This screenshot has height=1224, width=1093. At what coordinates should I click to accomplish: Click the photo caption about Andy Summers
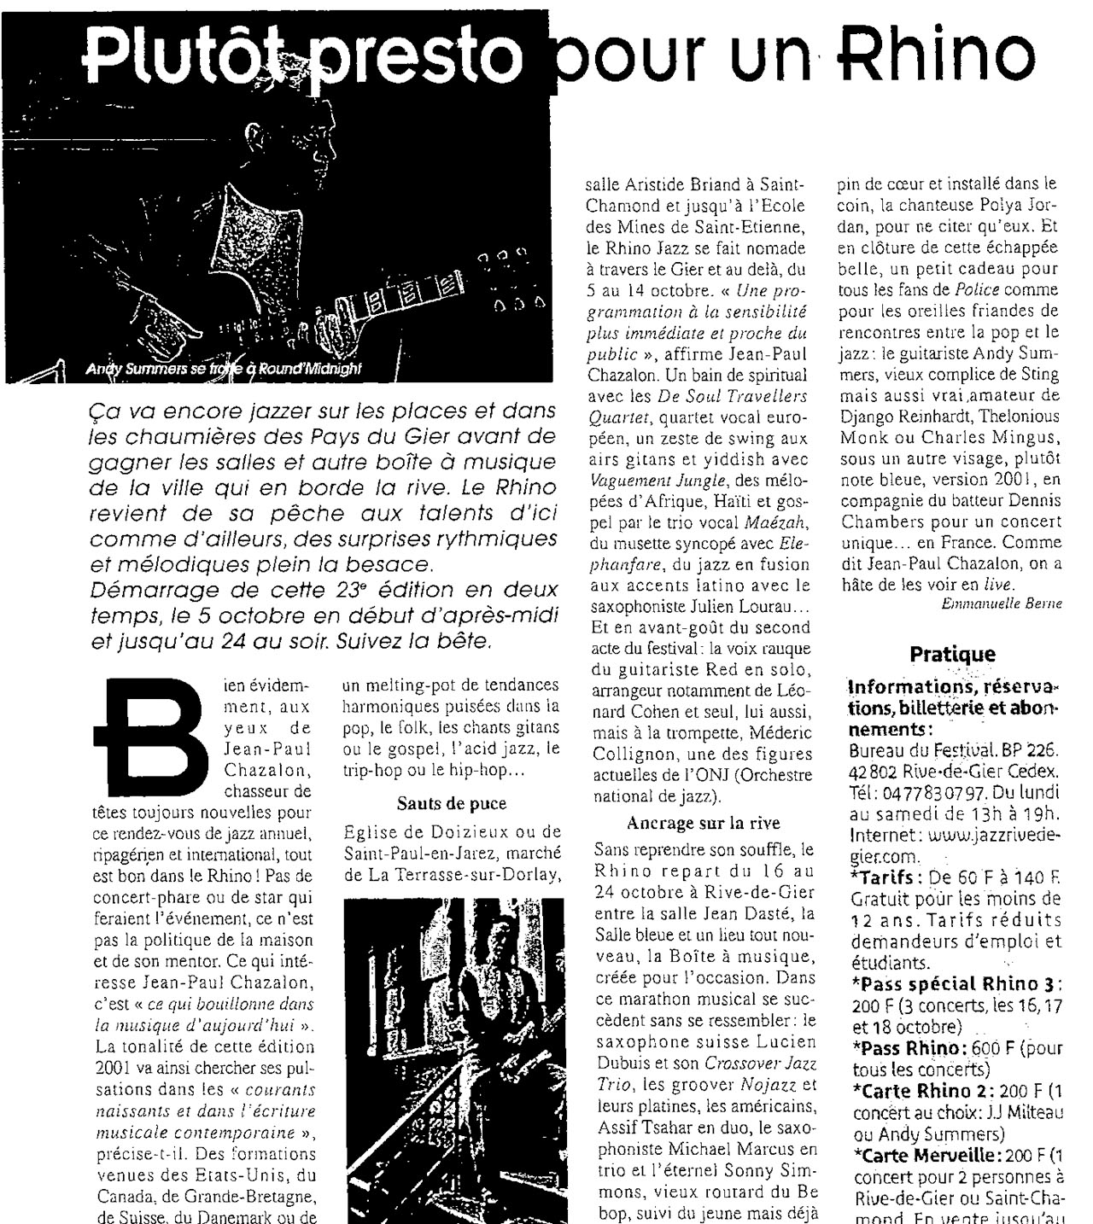click(224, 369)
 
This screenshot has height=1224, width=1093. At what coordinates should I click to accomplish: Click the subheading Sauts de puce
click(451, 803)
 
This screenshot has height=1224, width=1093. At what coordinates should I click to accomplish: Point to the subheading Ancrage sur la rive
click(703, 824)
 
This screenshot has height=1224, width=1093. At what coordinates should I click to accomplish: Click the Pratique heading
click(952, 655)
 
